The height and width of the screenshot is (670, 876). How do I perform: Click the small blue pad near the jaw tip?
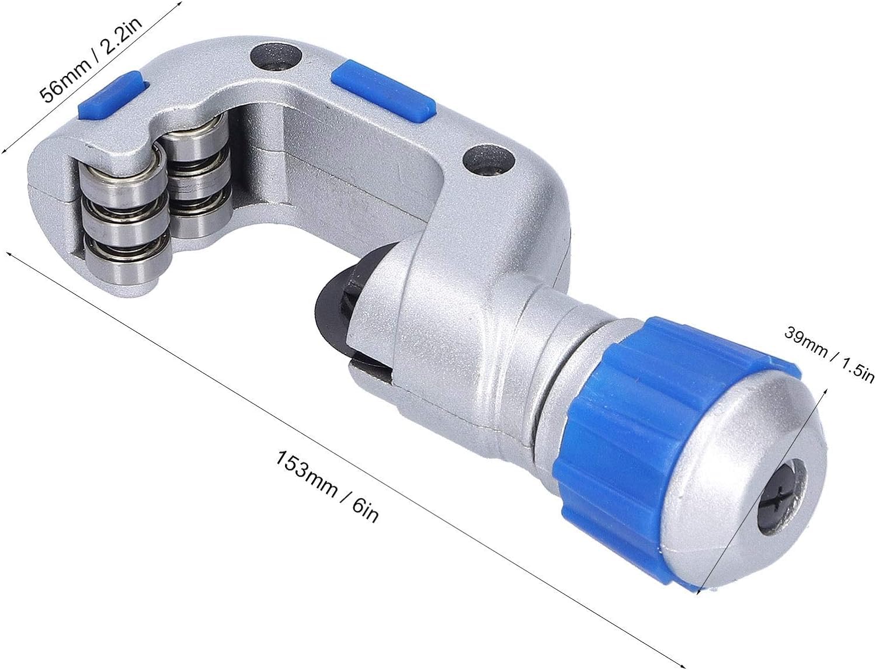point(110,95)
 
